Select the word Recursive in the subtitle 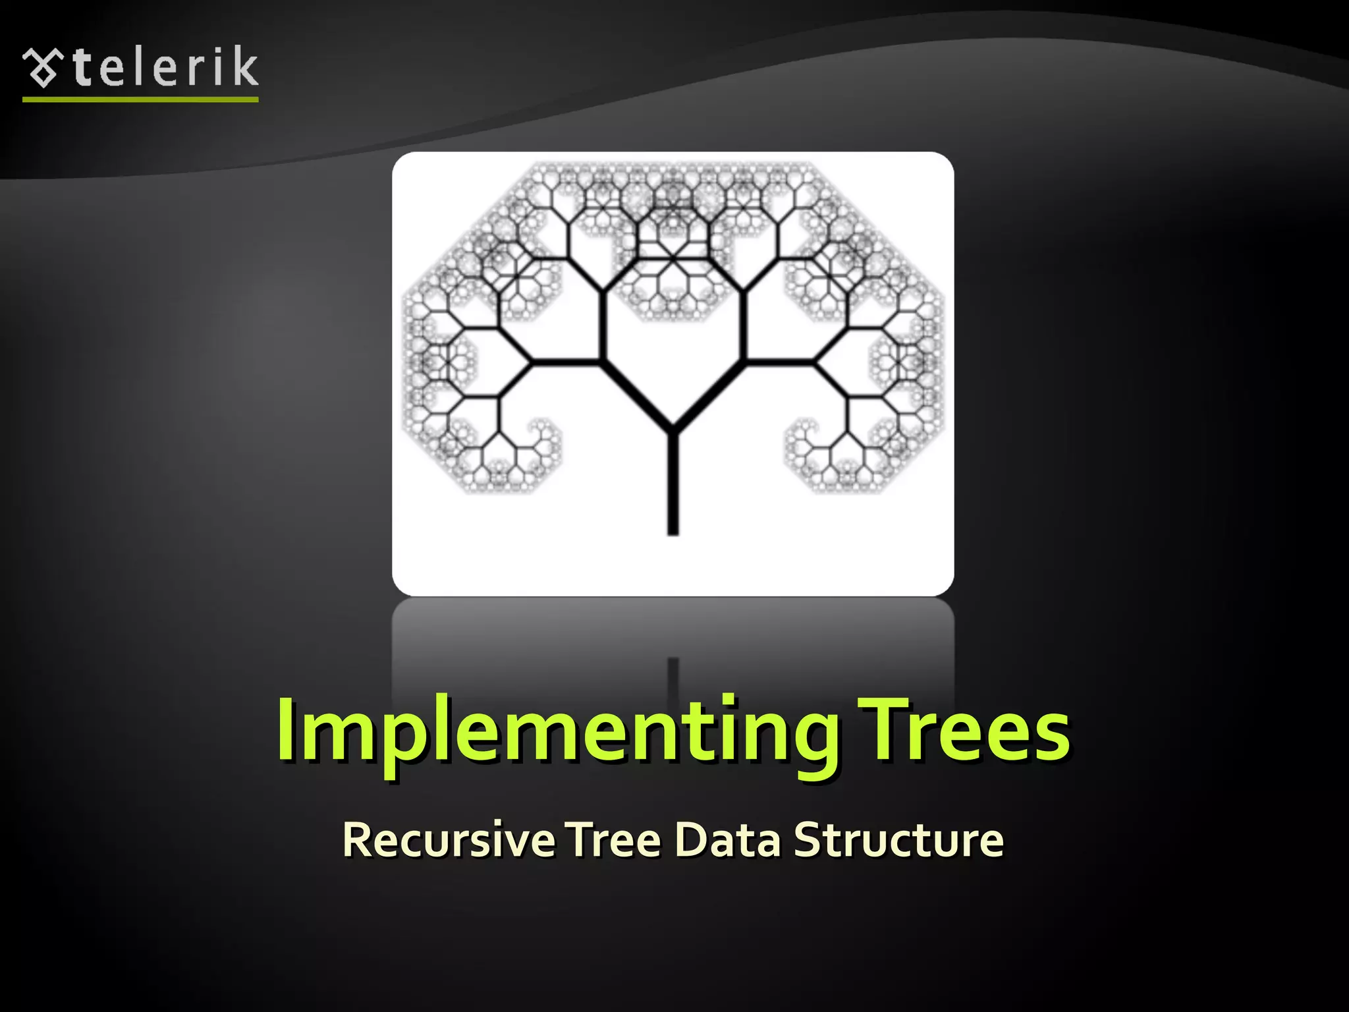448,840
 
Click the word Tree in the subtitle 614,840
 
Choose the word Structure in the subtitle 898,840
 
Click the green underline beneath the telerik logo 140,99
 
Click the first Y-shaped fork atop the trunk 673,428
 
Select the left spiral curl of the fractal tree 540,435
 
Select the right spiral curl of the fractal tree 805,435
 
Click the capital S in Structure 809,839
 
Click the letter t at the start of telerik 82,67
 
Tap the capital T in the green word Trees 880,727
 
